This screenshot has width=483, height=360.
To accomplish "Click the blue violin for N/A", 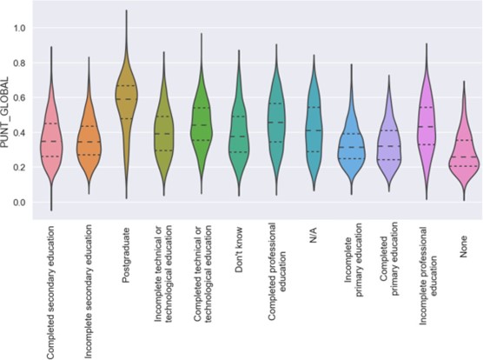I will click(314, 130).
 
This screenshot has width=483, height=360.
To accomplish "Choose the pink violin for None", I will click(463, 157).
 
